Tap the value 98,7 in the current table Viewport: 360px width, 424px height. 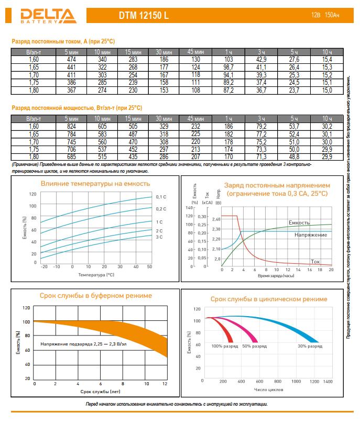point(228,68)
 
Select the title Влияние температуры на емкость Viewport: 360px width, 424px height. point(95,184)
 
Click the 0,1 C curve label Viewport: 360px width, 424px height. point(161,197)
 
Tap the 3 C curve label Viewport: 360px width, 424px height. point(159,237)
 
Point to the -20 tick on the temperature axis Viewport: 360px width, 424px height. point(44,266)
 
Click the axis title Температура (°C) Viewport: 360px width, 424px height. point(96,274)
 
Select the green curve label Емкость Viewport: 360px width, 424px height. point(299,222)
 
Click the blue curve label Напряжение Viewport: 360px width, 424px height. point(311,235)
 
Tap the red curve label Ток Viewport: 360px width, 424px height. point(315,261)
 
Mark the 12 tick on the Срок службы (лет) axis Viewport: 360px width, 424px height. point(165,384)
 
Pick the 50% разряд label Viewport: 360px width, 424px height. point(254,347)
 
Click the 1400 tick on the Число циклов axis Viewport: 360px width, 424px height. point(328,382)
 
